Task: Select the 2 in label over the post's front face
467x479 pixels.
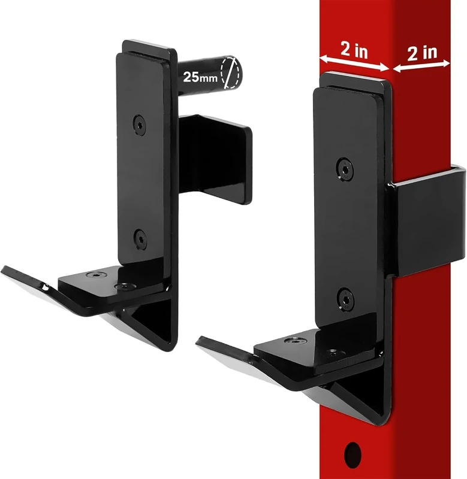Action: pyautogui.click(x=354, y=50)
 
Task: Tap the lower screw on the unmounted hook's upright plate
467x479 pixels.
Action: pyautogui.click(x=139, y=237)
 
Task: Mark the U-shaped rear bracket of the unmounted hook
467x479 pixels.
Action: pyautogui.click(x=219, y=159)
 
